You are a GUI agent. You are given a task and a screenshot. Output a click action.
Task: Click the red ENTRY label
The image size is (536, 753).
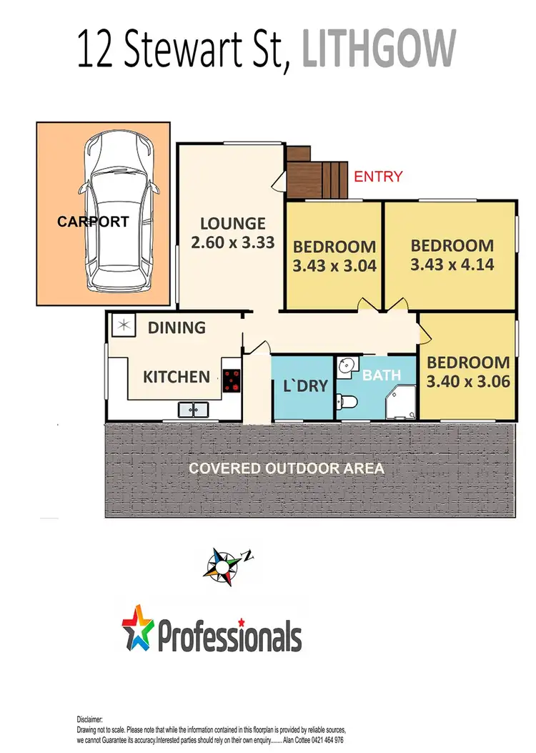coord(378,177)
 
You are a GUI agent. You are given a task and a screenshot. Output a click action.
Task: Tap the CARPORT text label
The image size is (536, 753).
coord(93,222)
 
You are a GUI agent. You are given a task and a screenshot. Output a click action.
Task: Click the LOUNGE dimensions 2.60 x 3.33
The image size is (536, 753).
coord(233,242)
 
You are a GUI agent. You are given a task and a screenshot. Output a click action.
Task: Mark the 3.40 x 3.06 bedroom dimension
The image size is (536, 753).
coord(468,381)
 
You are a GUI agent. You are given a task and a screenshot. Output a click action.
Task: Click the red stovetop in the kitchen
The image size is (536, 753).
coord(232,380)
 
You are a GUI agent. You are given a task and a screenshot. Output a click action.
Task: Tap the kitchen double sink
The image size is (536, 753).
coord(192,410)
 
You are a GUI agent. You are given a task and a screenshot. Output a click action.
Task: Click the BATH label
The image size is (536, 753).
coord(377,374)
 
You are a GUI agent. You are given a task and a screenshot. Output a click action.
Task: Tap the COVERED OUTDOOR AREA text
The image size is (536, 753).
coord(286,469)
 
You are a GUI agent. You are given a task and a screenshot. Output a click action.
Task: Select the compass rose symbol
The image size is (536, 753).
coord(225,562)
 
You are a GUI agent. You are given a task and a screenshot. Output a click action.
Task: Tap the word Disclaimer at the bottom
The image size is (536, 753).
coord(91,719)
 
